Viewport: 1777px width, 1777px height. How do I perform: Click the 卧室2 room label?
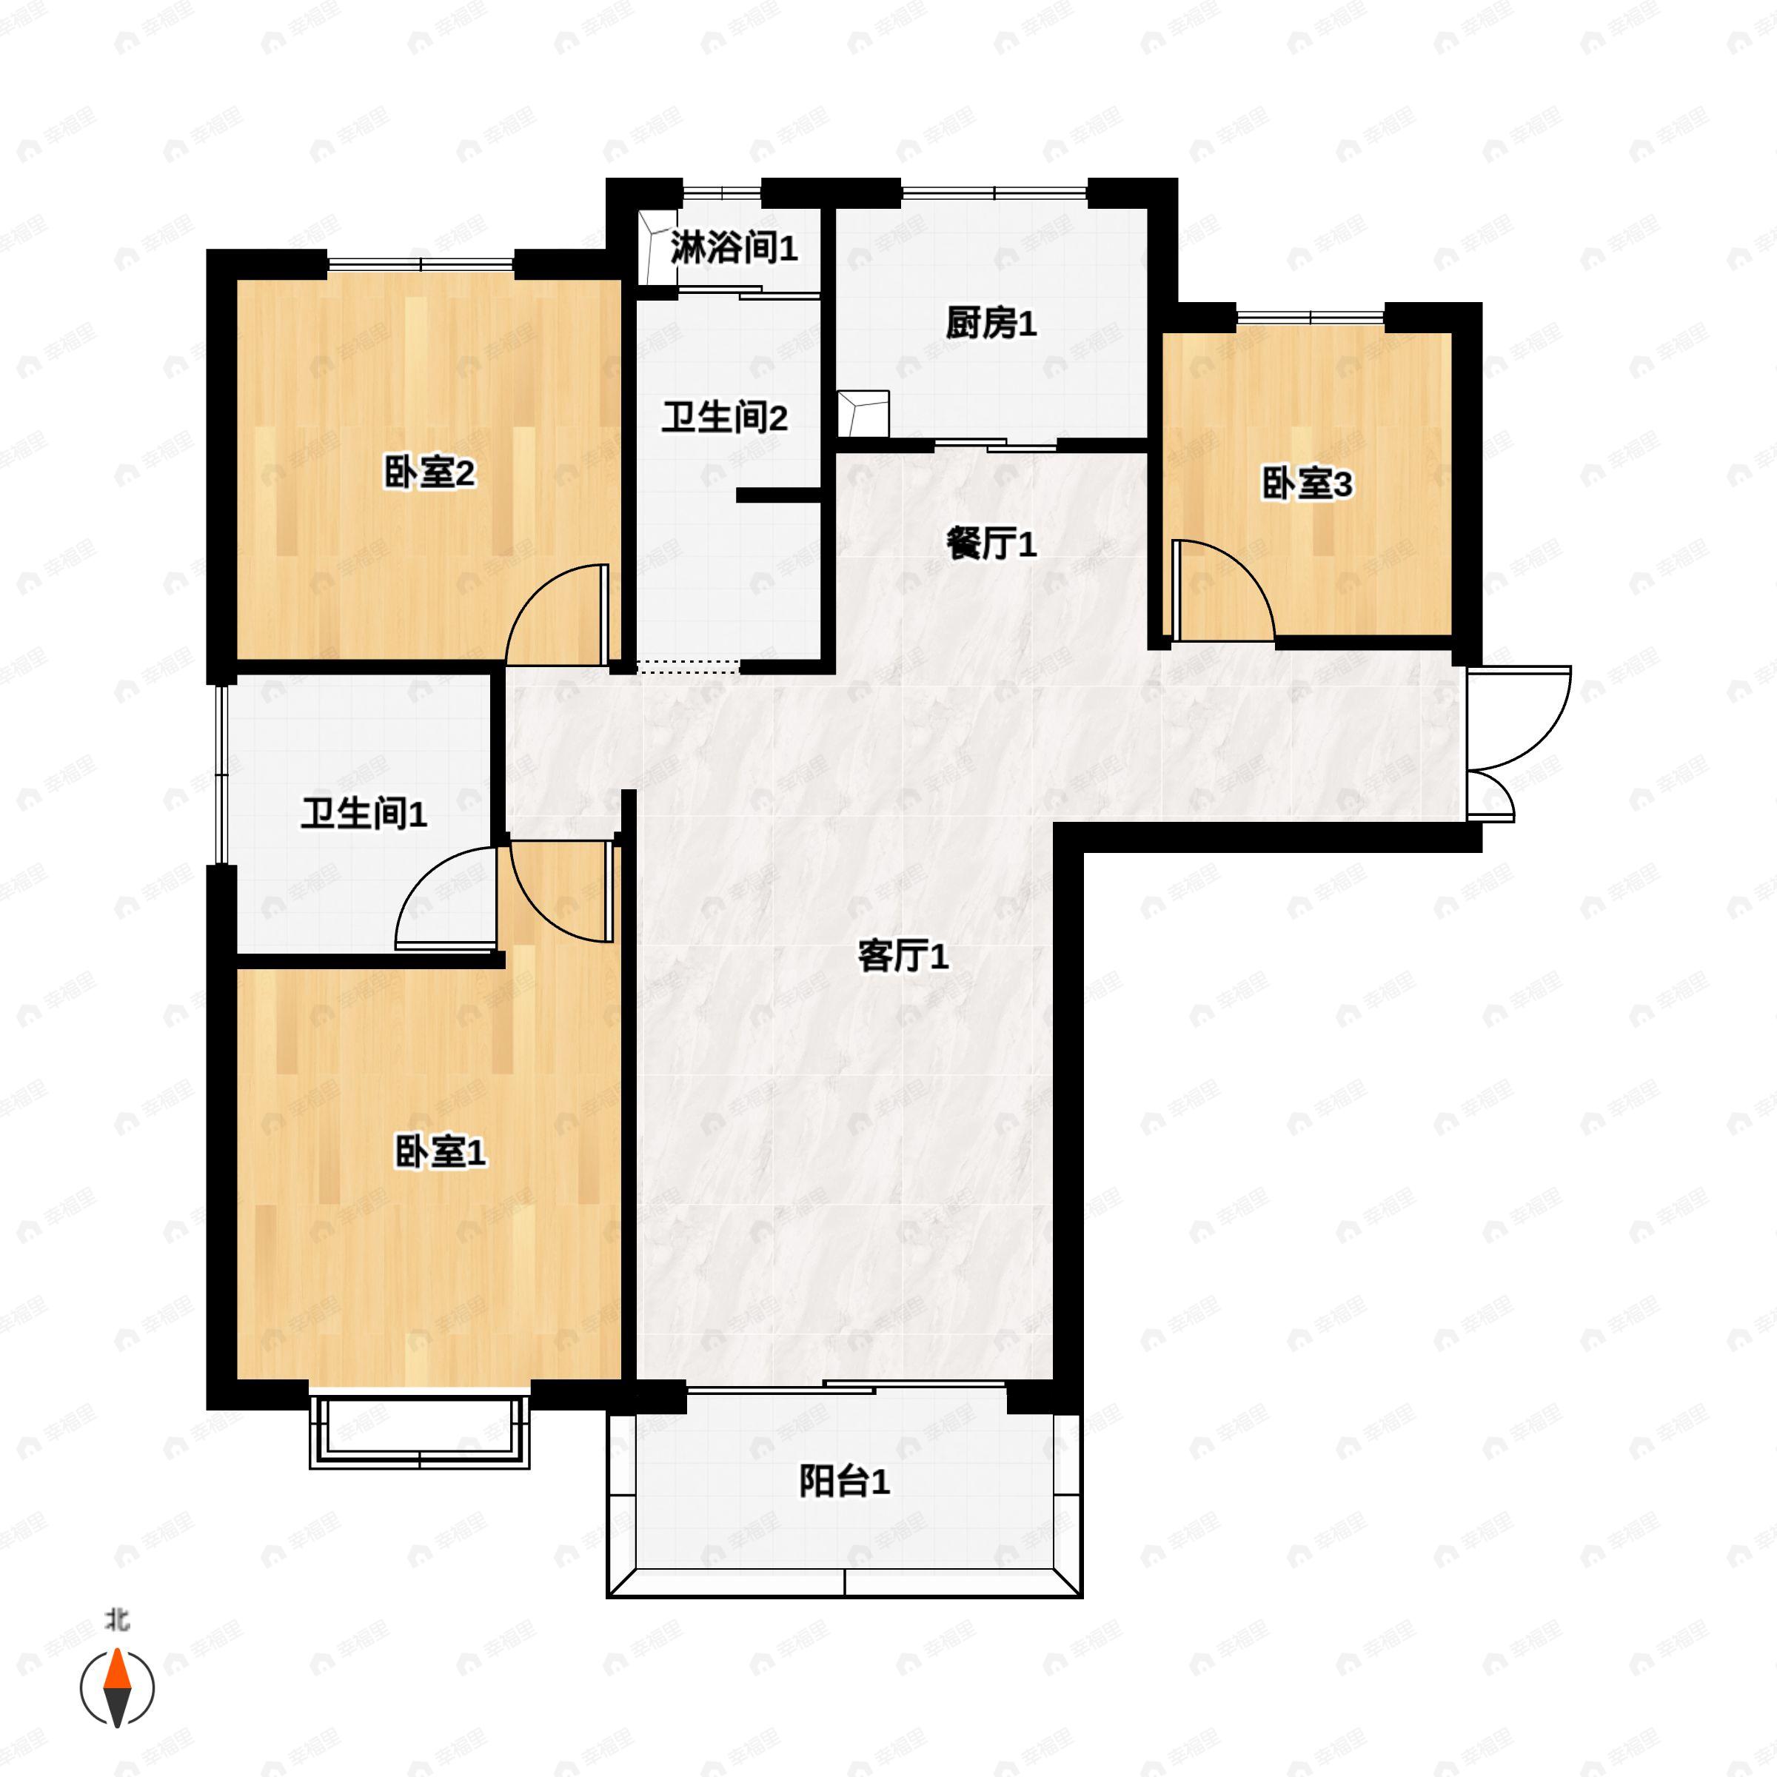click(429, 474)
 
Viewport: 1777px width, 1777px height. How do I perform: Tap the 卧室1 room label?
click(440, 1151)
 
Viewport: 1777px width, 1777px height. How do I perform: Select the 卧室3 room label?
click(1306, 483)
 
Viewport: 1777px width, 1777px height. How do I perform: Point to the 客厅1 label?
click(903, 957)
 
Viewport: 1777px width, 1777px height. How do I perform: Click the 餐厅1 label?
click(991, 544)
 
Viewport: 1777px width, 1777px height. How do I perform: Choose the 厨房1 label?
click(991, 323)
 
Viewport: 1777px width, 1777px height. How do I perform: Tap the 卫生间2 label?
click(724, 418)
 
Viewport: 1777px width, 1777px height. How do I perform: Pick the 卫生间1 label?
click(364, 813)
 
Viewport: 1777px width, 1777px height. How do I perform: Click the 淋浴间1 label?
click(733, 247)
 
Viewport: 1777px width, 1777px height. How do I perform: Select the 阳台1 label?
click(843, 1482)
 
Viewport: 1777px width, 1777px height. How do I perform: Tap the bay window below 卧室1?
click(419, 1432)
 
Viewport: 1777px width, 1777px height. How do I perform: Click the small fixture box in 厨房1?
click(863, 413)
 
